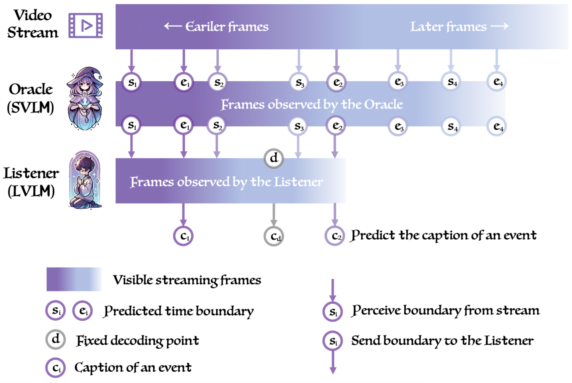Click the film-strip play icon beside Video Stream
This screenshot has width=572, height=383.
point(86,25)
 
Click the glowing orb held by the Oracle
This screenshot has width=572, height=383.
point(85,101)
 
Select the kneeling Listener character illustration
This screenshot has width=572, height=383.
point(85,180)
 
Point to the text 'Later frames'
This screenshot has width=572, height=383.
point(448,27)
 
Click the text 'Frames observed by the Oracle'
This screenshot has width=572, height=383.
point(312,104)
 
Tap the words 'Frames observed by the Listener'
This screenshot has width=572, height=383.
point(226,182)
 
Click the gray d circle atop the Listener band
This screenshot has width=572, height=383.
point(274,158)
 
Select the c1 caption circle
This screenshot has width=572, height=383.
point(183,236)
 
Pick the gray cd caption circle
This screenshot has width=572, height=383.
point(274,236)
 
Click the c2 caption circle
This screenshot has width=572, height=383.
point(335,236)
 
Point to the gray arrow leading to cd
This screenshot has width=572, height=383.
point(274,215)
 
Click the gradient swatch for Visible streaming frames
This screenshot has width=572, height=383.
point(74,279)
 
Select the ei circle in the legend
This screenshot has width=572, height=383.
point(82,311)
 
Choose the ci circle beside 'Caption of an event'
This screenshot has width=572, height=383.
point(55,368)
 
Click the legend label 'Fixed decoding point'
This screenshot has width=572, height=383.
point(137,341)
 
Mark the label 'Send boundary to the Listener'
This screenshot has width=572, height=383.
point(442,341)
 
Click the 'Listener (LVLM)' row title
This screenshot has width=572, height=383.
point(31,182)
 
